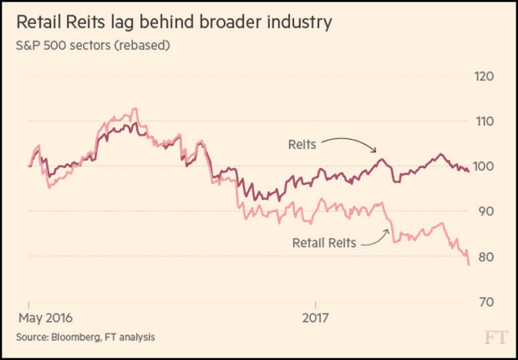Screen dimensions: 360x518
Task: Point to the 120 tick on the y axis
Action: (x=485, y=76)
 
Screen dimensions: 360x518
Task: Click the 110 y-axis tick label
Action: (x=485, y=122)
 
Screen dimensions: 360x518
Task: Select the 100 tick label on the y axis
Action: (x=485, y=166)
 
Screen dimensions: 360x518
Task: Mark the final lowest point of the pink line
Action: (x=469, y=263)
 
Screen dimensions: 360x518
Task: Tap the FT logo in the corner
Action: (x=495, y=338)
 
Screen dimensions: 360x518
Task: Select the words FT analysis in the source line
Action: (x=131, y=338)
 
